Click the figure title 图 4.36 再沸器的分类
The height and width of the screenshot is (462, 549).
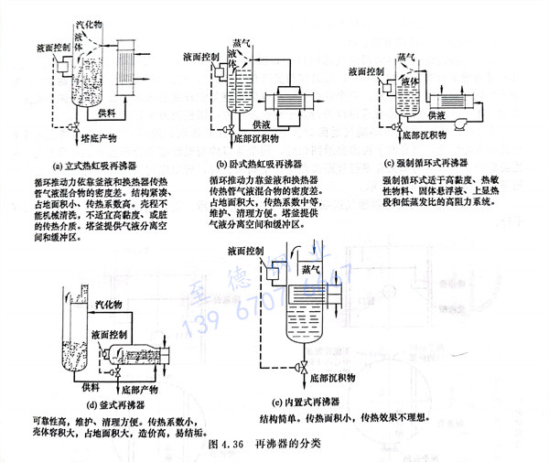266,446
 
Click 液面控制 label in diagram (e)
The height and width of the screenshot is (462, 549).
248,251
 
